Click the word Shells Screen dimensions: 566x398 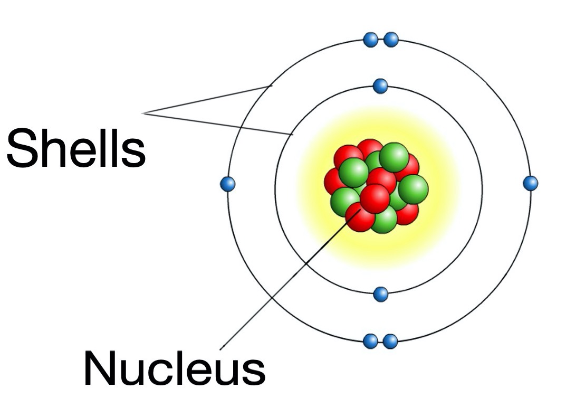coord(76,148)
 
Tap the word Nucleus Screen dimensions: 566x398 coord(175,368)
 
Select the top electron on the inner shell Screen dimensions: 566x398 coord(380,87)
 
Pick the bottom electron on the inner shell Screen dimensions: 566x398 coord(380,294)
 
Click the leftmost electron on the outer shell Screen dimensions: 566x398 coord(227,184)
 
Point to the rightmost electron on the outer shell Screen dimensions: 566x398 coord(530,183)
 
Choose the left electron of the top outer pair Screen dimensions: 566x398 coord(370,40)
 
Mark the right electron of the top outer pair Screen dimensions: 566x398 coord(391,40)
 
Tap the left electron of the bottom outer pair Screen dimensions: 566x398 coord(370,342)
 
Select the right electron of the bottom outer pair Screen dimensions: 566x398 coord(390,342)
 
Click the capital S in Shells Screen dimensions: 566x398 coord(22,148)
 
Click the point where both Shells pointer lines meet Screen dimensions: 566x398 coord(143,113)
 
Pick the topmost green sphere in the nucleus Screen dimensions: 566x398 coord(394,157)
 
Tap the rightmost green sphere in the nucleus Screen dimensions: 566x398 coord(413,189)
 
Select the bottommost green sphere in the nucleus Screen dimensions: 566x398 coord(385,219)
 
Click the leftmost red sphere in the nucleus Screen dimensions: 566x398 coord(334,182)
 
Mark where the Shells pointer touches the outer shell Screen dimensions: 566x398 coord(271,86)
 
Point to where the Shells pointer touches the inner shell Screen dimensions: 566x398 coord(292,135)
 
